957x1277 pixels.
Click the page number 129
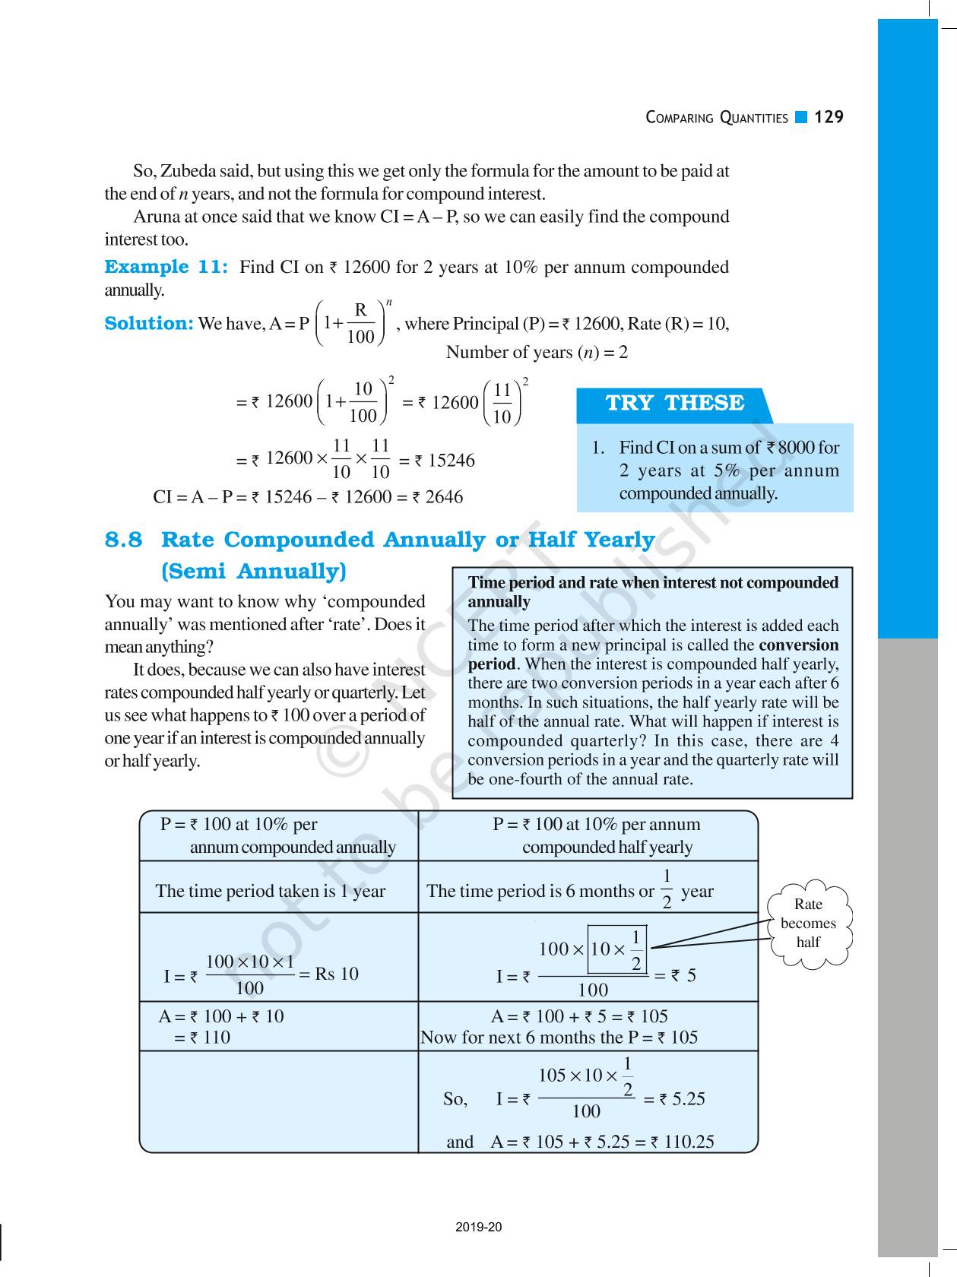tap(829, 117)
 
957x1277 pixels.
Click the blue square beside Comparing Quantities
tap(800, 117)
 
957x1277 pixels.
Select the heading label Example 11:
tap(166, 267)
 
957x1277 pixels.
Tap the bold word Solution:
tap(149, 324)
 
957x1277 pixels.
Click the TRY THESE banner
tap(674, 403)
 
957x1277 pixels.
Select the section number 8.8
tap(123, 540)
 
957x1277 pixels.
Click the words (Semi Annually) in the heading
tap(254, 571)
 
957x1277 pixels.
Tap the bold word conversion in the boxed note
tap(799, 645)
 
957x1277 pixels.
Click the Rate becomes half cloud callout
tap(808, 924)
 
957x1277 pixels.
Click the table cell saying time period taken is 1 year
tap(271, 892)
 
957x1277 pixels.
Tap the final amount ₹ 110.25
tap(682, 1142)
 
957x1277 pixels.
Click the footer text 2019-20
tap(479, 1227)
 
